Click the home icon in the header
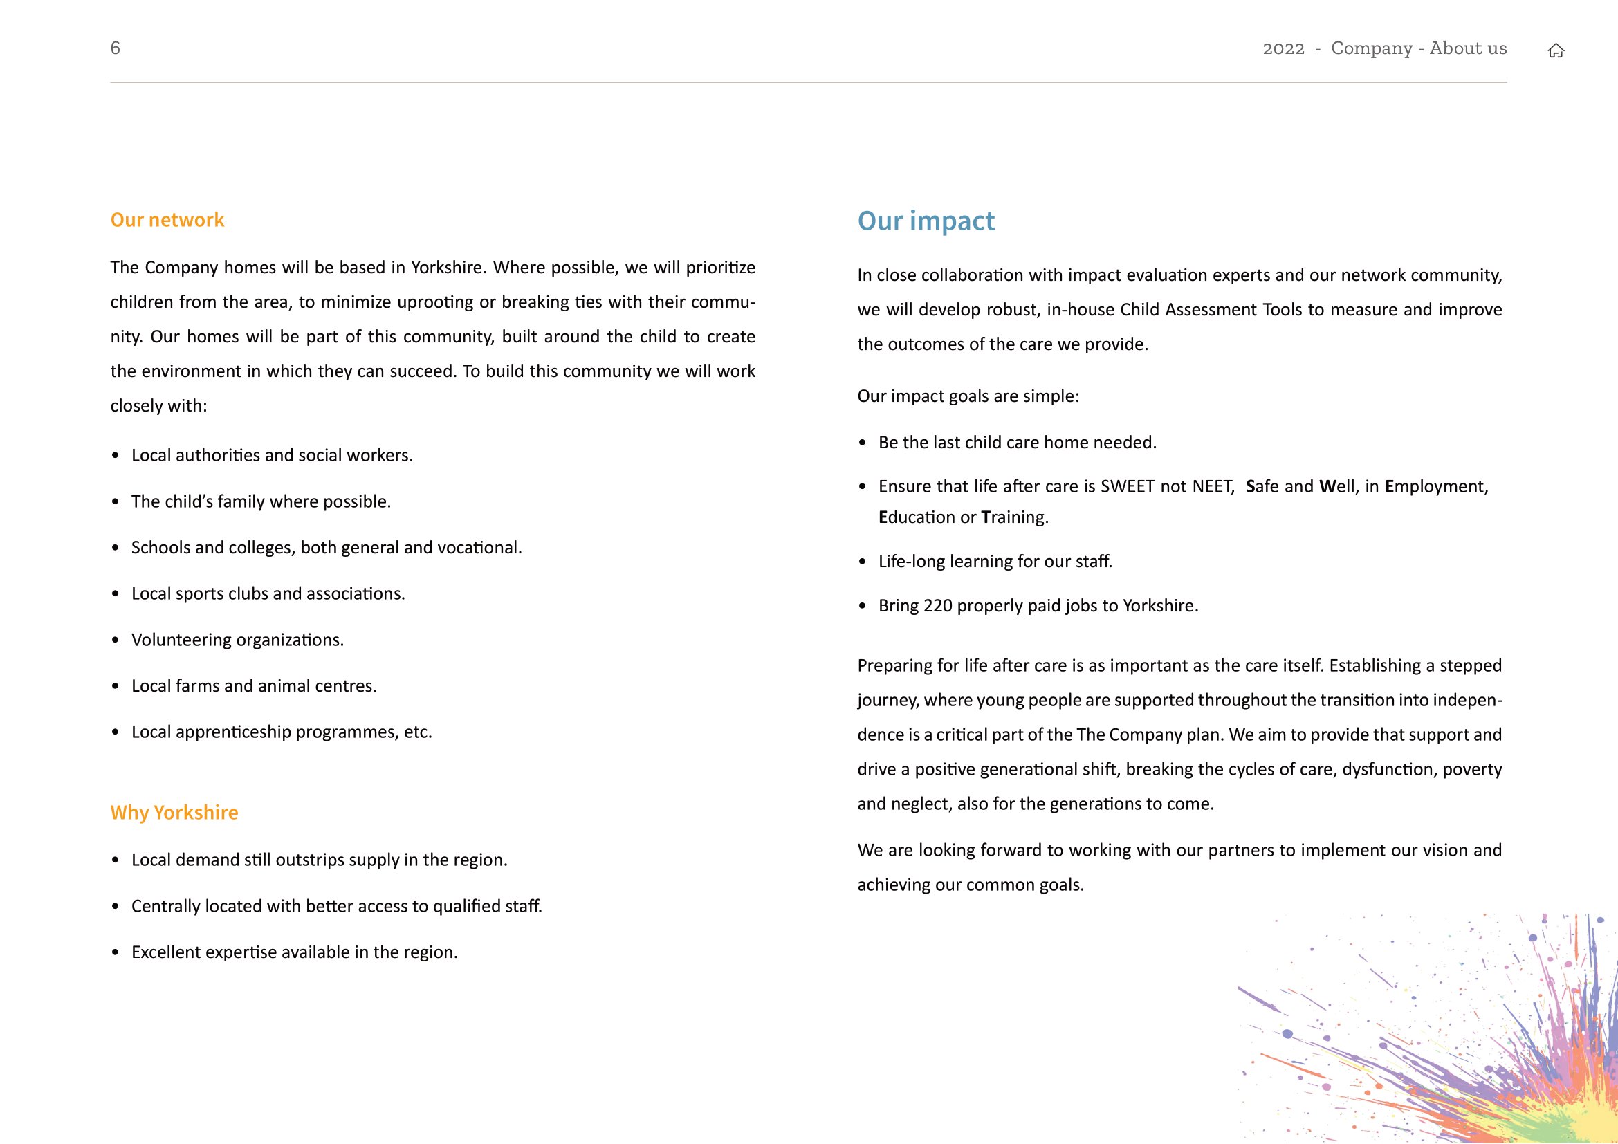[1556, 50]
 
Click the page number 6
[116, 48]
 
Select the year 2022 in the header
[1283, 48]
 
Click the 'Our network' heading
[167, 220]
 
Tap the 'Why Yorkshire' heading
[174, 812]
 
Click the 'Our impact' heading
[926, 221]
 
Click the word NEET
[1213, 486]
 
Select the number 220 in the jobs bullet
[937, 605]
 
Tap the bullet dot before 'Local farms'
[116, 686]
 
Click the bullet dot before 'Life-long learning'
[863, 562]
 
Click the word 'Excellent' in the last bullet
[165, 952]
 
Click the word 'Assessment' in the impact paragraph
[1211, 309]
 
